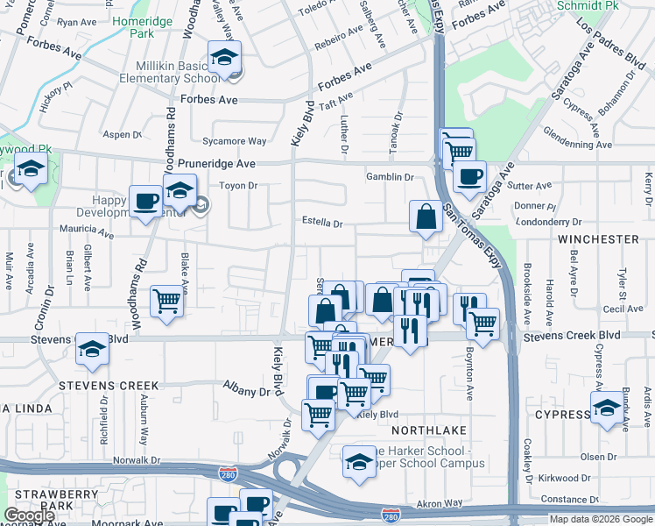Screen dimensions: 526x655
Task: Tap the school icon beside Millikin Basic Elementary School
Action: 224,59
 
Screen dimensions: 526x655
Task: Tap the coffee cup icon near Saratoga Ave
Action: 469,175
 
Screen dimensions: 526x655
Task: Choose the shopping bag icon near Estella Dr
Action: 426,217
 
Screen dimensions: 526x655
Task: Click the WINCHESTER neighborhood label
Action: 598,238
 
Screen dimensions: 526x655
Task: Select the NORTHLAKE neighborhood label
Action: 425,430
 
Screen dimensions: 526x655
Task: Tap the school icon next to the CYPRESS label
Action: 608,408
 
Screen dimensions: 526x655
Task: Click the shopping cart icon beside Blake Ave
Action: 166,300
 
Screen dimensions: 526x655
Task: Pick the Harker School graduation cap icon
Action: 359,459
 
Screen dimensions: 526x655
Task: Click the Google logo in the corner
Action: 29,515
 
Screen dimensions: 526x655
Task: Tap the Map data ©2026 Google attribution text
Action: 601,519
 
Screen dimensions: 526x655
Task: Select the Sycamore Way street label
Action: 234,141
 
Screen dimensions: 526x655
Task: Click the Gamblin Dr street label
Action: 390,177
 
